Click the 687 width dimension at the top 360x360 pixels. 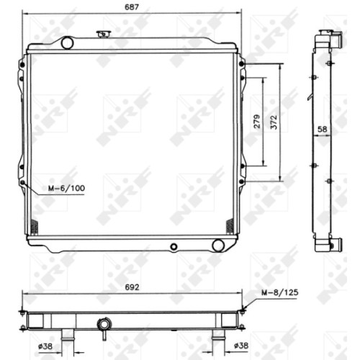click(x=132, y=7)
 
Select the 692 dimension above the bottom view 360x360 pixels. click(x=132, y=287)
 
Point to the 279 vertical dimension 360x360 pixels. click(x=257, y=122)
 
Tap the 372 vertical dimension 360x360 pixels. click(x=274, y=122)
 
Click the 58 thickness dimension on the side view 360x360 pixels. click(x=323, y=130)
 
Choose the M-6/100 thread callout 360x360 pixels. click(x=66, y=188)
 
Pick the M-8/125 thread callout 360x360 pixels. click(x=280, y=292)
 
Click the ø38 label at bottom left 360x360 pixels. click(x=45, y=346)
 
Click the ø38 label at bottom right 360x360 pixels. click(x=241, y=346)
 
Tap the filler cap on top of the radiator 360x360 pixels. click(x=103, y=34)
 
